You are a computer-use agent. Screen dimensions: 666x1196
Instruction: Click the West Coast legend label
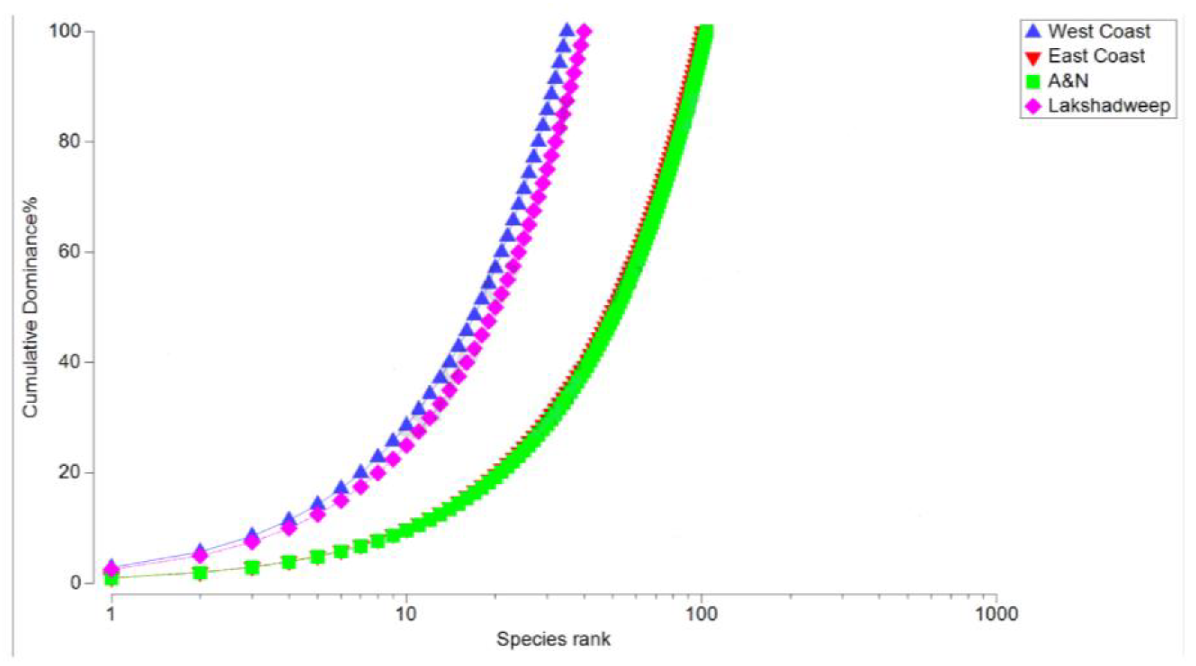(1099, 32)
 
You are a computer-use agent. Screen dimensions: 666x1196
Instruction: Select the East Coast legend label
(1096, 56)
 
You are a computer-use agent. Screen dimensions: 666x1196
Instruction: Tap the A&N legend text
(1068, 81)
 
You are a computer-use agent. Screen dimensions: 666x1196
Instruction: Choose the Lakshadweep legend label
(1109, 106)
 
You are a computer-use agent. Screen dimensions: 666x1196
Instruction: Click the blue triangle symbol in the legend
(1033, 31)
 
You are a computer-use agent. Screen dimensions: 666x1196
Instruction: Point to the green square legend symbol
(1033, 82)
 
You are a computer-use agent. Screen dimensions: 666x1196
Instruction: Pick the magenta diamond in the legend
(1033, 106)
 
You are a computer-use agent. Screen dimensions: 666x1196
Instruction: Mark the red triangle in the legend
(1033, 58)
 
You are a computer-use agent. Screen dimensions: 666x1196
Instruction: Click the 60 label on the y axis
(69, 251)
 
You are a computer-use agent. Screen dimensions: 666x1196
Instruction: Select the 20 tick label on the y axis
(69, 472)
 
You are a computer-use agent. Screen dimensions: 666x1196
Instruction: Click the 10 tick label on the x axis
(406, 614)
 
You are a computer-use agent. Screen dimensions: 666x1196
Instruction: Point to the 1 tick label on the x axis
(111, 614)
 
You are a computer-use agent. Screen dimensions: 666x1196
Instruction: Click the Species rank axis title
(553, 639)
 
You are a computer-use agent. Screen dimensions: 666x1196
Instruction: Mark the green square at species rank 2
(200, 573)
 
